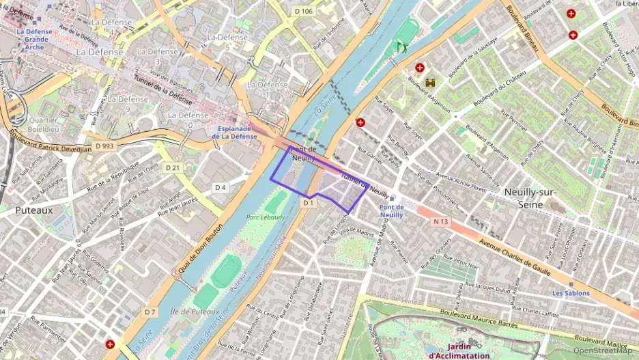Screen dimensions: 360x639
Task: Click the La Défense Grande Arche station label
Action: tap(35, 39)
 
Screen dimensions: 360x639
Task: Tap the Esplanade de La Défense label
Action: tap(238, 133)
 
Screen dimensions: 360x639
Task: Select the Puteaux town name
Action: tap(33, 211)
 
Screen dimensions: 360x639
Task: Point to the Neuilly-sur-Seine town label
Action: tap(532, 198)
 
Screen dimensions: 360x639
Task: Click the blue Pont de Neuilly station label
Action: tap(391, 210)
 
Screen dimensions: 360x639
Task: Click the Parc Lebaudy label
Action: tap(265, 218)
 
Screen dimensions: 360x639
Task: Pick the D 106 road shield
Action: tap(303, 11)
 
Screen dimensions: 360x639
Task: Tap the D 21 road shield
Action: tap(171, 167)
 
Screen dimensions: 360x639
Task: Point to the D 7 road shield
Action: tap(151, 311)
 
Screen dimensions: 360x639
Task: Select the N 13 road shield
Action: tap(441, 221)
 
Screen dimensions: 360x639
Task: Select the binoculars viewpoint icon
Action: tap(431, 83)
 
